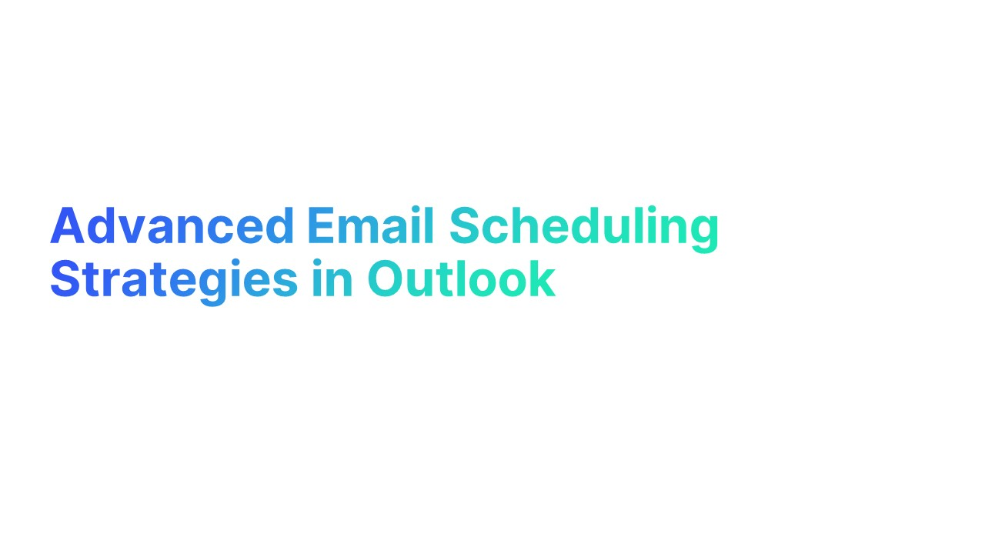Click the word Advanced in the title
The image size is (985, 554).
[172, 226]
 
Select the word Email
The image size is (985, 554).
[370, 226]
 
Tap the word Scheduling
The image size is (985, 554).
[583, 228]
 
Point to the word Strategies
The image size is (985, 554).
[173, 280]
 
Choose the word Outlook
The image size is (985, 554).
[460, 280]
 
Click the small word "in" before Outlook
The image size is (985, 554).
[332, 280]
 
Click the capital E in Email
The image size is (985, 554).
[320, 226]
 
